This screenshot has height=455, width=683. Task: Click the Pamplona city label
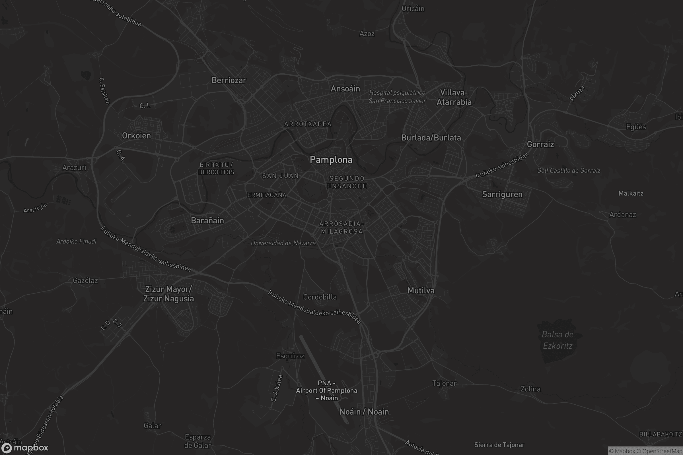pos(331,160)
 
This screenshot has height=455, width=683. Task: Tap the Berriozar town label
pos(229,80)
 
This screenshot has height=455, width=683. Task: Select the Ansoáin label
pos(345,89)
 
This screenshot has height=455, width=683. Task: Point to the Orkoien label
pos(136,136)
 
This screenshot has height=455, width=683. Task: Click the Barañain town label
pos(207,221)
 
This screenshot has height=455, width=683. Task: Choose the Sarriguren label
pos(502,195)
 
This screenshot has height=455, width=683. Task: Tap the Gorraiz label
pos(540,144)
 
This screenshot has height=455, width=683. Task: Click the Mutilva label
pos(421,291)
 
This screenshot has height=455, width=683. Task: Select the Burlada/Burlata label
pos(431,138)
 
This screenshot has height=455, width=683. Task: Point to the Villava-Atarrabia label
pos(454,98)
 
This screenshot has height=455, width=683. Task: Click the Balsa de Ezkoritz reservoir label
pos(557,340)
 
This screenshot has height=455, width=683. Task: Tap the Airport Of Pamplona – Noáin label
pos(326,390)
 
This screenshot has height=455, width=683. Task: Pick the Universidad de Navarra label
pos(283,243)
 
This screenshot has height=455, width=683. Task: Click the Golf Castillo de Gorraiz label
pos(569,171)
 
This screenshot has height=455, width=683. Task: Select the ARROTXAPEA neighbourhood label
pos(308,124)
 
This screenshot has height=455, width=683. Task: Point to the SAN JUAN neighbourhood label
pos(280,176)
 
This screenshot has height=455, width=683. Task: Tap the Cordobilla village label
pos(320,297)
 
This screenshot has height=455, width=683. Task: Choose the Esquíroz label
pos(290,356)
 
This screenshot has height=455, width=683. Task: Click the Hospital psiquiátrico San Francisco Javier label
pos(397,97)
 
